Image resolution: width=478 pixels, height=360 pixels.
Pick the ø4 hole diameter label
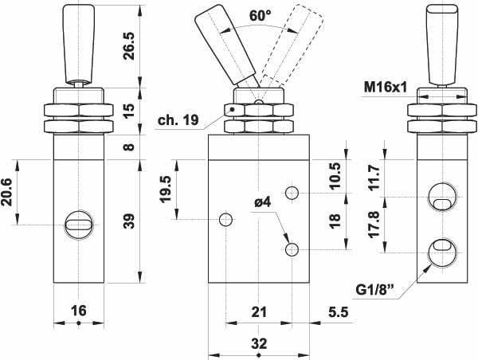(x=264, y=202)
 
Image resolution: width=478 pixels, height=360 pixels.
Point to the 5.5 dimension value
(x=338, y=312)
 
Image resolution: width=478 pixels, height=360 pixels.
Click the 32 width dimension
(x=258, y=343)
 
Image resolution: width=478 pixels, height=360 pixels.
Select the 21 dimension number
(x=258, y=312)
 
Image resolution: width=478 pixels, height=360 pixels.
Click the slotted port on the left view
(x=79, y=225)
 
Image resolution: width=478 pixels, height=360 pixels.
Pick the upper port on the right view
(x=441, y=197)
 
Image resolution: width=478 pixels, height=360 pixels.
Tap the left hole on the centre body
(x=226, y=219)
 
